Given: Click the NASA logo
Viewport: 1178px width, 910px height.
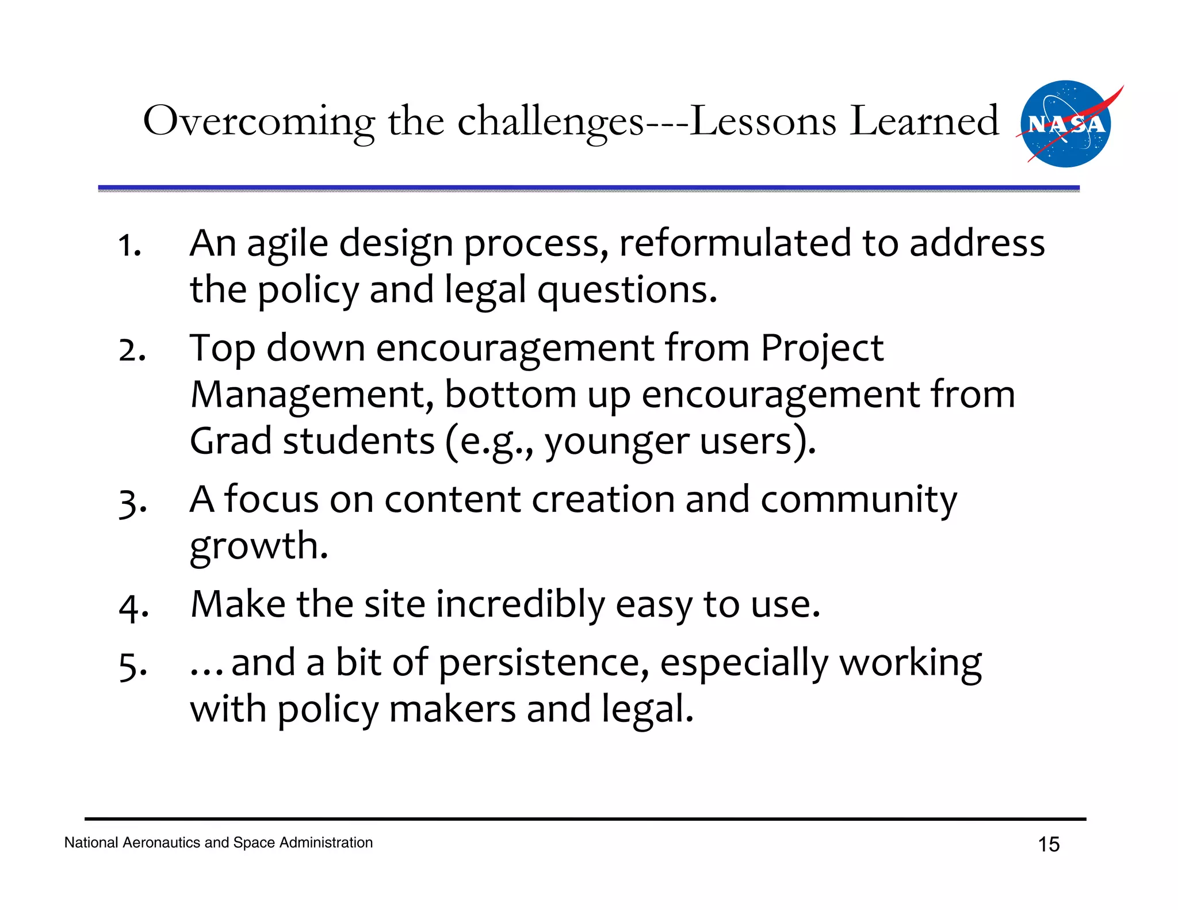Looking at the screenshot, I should [1065, 124].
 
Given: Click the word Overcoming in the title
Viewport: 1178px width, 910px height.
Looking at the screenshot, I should [258, 121].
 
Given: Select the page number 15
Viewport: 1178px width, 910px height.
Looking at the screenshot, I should [1049, 844].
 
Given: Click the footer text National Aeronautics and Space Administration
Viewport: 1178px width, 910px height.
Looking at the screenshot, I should [219, 843].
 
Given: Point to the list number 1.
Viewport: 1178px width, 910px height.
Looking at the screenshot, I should [129, 246].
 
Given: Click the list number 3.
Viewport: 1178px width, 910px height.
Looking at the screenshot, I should [132, 502].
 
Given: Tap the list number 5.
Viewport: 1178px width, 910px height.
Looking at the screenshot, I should [132, 666].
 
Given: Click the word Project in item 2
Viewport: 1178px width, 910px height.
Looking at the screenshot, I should [822, 349].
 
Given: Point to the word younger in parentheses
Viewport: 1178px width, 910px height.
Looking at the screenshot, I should [616, 442].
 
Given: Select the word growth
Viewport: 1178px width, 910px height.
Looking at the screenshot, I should [258, 546].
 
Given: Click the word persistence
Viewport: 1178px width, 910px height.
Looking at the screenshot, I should [543, 663].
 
